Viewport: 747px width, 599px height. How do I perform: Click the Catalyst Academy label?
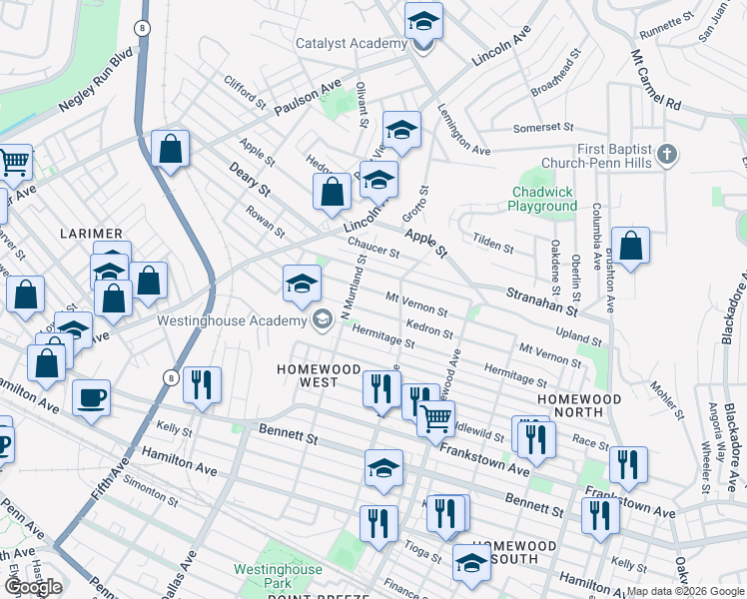(x=351, y=44)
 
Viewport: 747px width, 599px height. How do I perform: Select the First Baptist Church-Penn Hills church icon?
(x=668, y=155)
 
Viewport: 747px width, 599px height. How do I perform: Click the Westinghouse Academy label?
(x=231, y=320)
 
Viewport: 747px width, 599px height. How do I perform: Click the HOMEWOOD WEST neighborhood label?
(x=319, y=369)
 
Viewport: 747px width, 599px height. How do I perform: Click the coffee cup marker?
(x=92, y=398)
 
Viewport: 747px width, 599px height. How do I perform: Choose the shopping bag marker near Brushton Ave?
(x=631, y=246)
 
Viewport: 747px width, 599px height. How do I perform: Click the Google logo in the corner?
(x=33, y=587)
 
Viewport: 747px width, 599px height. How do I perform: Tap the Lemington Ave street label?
(x=463, y=130)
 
